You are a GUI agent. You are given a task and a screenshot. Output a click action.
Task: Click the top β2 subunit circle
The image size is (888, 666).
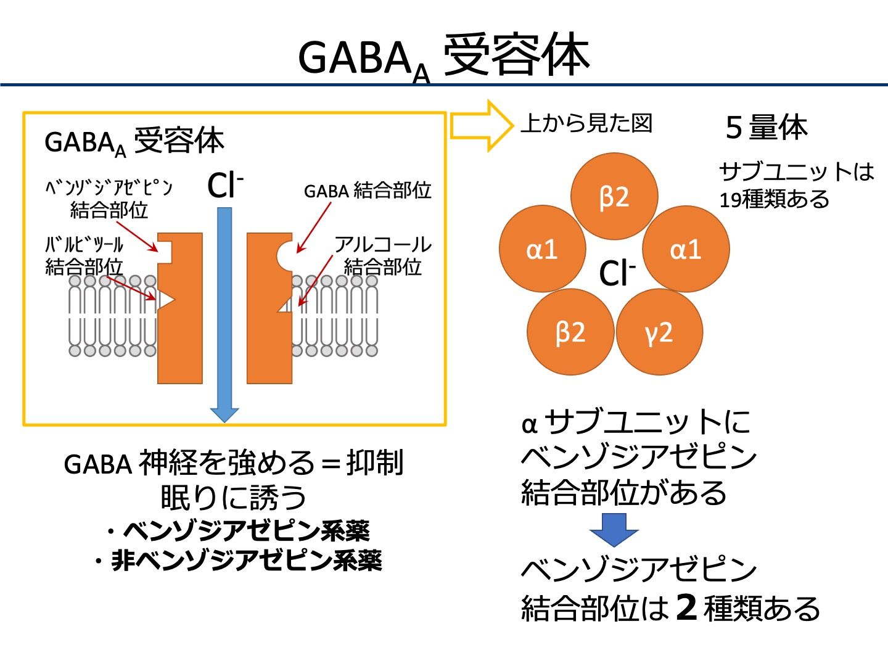coord(614,197)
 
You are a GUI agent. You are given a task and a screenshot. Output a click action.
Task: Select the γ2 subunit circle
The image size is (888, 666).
coord(659,332)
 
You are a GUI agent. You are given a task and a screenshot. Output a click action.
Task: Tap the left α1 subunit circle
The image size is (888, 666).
coord(542,249)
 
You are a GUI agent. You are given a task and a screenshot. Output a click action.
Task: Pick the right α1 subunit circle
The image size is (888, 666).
coord(686,249)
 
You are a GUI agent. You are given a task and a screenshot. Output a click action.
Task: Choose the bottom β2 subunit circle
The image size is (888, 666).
coord(570,332)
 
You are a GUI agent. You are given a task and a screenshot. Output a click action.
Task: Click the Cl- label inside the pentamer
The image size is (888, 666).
coord(617,273)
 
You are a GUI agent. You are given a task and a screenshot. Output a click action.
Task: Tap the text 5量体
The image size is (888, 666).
coord(767,128)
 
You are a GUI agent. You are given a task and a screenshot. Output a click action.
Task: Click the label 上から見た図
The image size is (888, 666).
coord(586,123)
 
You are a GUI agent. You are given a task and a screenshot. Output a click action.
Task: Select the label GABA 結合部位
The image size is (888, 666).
coord(368,191)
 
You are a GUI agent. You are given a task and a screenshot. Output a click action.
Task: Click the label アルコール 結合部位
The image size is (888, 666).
coord(382,255)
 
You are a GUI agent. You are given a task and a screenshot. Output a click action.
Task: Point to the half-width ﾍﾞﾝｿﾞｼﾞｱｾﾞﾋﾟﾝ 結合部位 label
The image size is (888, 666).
coord(109,199)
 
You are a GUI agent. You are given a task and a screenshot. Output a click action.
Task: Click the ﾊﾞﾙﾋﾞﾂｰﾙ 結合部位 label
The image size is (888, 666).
coord(84,255)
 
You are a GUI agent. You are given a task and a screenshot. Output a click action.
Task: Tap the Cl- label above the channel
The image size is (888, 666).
coord(225,184)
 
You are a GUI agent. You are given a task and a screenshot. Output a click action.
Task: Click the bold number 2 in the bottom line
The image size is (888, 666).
coord(686,607)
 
